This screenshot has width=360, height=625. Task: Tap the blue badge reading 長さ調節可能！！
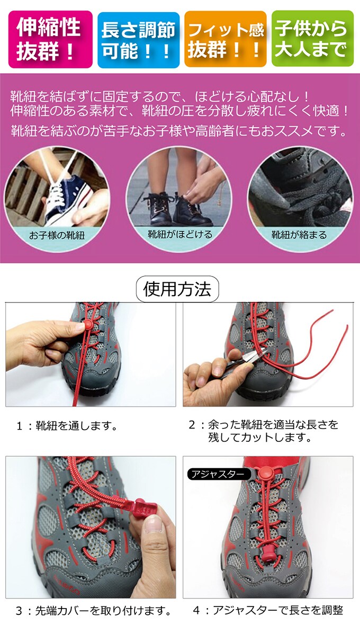tap(138, 40)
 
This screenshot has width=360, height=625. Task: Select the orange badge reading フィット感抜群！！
tap(226, 40)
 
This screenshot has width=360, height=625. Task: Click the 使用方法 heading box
tap(177, 289)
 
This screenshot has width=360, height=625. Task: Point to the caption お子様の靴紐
tap(57, 235)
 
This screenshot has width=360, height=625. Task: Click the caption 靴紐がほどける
tap(180, 234)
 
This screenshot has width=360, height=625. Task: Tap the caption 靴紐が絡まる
tap(299, 235)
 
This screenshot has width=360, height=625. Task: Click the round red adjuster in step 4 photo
tap(265, 475)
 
